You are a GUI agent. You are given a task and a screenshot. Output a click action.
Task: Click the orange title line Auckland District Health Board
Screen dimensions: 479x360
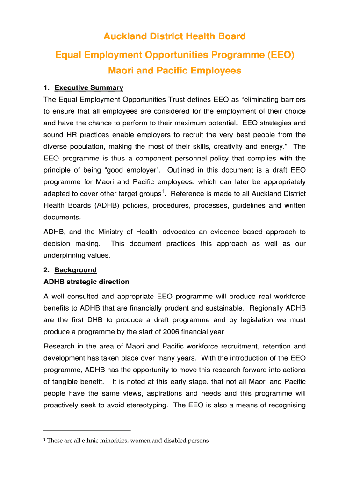pyautogui.click(x=174, y=36)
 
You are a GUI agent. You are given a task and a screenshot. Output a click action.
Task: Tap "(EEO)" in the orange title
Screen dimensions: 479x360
pyautogui.click(x=278, y=55)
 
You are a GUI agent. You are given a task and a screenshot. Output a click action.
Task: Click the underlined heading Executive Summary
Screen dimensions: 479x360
pyautogui.click(x=89, y=87)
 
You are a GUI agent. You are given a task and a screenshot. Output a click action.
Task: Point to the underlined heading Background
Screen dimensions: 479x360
pyautogui.click(x=76, y=270)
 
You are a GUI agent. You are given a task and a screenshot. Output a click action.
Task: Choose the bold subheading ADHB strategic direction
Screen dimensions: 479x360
pyautogui.click(x=86, y=282)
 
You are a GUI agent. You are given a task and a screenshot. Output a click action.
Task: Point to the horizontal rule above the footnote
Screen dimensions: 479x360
pyautogui.click(x=87, y=430)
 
